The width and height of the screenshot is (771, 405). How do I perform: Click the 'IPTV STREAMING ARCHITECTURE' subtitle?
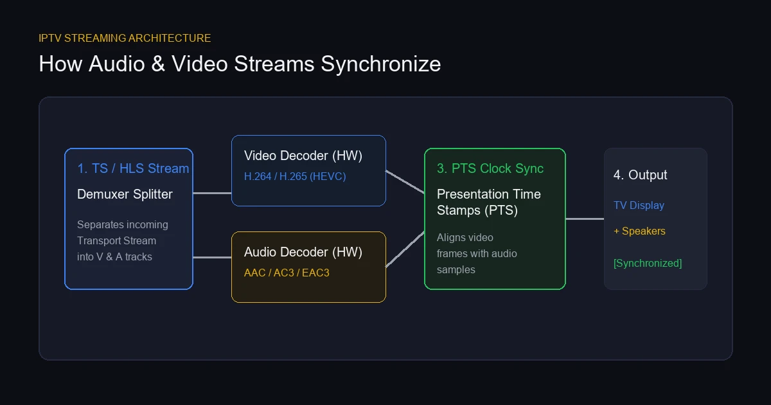coord(125,38)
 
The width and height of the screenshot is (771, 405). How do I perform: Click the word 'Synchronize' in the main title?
coord(380,64)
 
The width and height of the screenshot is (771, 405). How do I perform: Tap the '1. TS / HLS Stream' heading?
coord(133,168)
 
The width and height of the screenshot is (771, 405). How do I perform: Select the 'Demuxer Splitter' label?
coord(125,194)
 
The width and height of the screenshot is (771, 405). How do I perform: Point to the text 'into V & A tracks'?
coord(114,256)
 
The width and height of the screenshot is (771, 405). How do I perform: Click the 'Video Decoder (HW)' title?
coord(303,156)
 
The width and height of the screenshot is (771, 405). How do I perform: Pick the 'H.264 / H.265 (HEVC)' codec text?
coord(295,176)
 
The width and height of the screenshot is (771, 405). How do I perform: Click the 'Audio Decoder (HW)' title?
coord(303,252)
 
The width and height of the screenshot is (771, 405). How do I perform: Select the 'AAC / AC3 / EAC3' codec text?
coord(287,273)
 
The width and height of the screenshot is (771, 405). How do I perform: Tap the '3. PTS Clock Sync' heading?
coord(490,168)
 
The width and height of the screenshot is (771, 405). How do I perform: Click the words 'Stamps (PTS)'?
coord(477,210)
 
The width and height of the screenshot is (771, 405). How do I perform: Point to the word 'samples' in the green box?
coord(456,269)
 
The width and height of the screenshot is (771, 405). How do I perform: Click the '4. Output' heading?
coord(640,175)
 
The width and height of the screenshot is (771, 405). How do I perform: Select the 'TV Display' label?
coord(639,205)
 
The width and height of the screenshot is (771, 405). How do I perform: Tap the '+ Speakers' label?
coord(639,231)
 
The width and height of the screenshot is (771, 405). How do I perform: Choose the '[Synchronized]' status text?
coord(648,263)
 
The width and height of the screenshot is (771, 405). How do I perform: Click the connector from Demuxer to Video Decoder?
coord(212,194)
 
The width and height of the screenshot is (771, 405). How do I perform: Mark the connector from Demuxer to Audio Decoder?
coord(212,257)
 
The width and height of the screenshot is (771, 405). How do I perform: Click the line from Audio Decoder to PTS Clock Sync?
coord(405,249)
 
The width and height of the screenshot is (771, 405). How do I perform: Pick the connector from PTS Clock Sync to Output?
coord(585,219)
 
